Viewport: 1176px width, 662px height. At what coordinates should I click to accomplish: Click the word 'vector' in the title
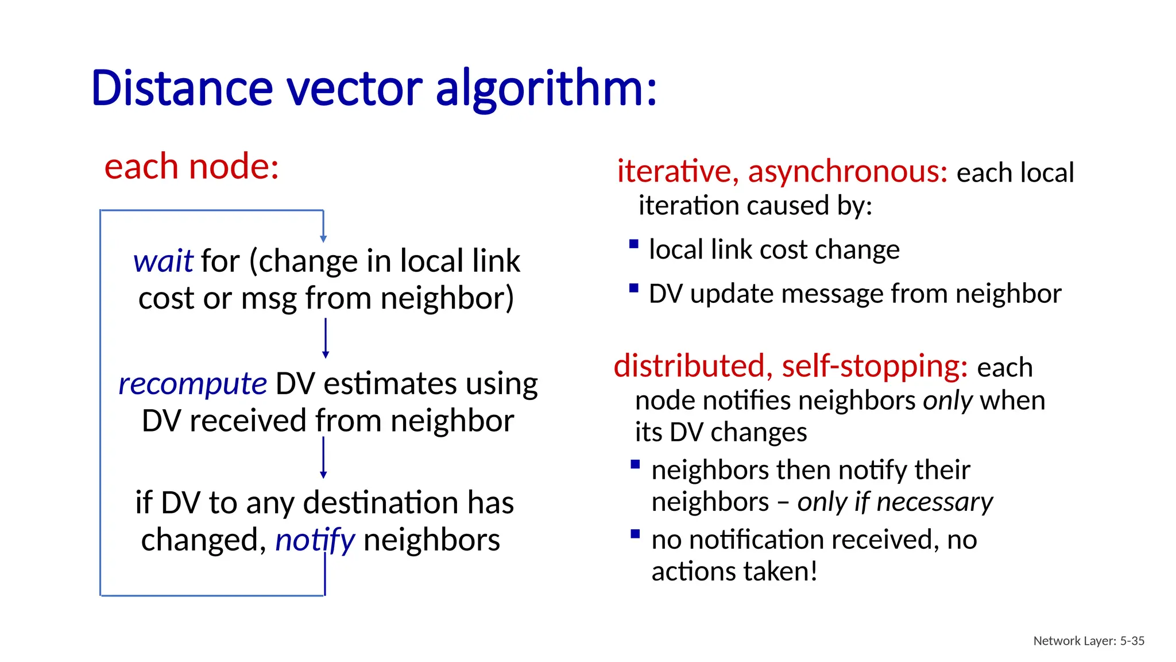point(354,89)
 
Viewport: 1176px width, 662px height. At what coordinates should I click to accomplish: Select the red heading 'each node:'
point(191,167)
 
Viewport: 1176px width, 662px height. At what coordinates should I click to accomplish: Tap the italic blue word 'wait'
point(163,261)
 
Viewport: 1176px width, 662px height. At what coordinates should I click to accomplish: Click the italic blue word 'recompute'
point(192,384)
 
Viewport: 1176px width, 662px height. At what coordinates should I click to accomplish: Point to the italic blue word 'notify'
point(315,541)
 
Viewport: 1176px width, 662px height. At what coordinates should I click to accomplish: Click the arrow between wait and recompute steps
point(326,338)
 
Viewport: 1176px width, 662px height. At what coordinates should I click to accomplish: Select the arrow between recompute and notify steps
point(323,457)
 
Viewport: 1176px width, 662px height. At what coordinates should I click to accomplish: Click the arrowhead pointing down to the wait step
point(323,238)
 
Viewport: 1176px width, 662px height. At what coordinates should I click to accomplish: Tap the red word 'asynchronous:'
point(848,172)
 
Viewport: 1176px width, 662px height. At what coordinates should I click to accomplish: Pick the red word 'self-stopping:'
point(875,366)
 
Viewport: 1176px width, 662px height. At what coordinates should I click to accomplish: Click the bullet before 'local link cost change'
point(634,244)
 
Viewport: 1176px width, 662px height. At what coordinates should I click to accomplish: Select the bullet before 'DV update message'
point(634,288)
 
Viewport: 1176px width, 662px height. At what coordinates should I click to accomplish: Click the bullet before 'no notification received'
point(635,534)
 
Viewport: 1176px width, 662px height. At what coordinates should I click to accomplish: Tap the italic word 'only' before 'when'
point(947,401)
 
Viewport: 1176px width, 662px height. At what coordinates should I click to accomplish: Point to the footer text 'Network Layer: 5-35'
point(1089,641)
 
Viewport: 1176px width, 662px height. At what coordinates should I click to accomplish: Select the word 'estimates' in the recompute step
point(390,384)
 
